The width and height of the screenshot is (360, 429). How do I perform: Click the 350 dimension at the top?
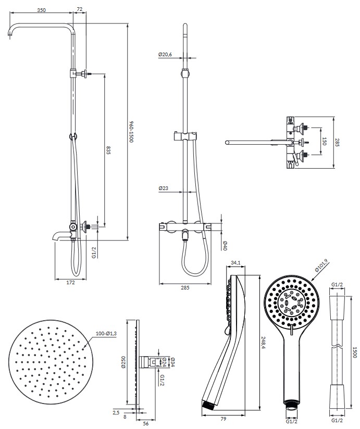click(x=41, y=10)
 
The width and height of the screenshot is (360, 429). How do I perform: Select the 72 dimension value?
click(x=79, y=9)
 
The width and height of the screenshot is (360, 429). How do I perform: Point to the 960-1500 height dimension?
click(x=131, y=132)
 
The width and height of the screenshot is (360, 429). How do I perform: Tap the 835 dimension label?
click(x=108, y=150)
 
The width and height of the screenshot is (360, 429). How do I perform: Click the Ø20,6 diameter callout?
click(x=165, y=55)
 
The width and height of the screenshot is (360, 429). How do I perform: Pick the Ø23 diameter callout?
click(x=163, y=188)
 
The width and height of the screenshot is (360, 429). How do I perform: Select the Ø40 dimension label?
click(x=225, y=246)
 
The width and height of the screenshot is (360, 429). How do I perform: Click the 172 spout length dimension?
click(x=71, y=283)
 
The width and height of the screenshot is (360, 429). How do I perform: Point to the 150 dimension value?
click(x=325, y=141)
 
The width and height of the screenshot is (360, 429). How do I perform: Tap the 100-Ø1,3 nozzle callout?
click(x=106, y=334)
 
